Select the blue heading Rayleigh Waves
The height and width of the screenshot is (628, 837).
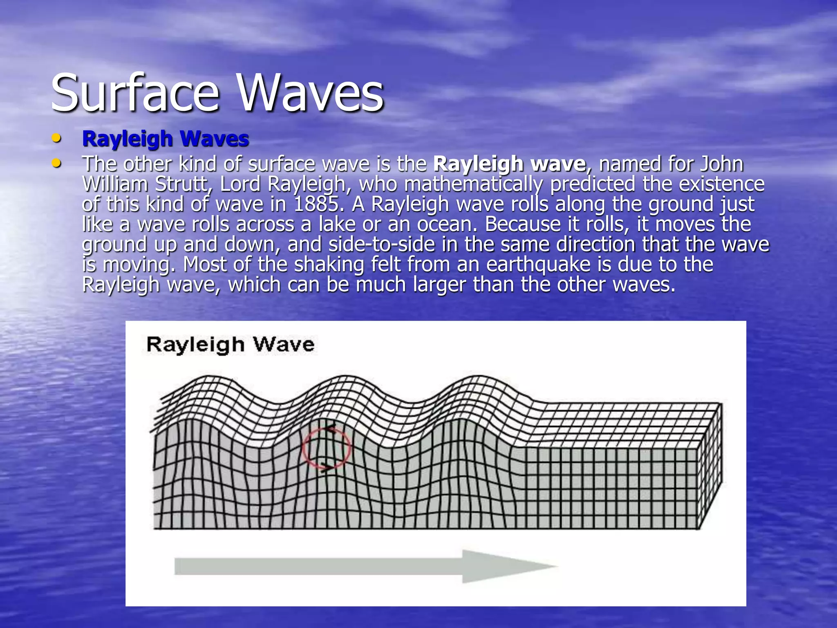click(x=166, y=139)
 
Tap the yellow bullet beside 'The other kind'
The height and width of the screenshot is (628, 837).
click(x=57, y=164)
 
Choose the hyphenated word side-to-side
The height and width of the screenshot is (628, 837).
click(x=382, y=244)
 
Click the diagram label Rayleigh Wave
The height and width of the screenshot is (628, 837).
click(x=231, y=344)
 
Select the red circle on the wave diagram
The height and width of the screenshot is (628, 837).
click(x=327, y=448)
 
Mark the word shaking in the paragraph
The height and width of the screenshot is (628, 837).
click(x=329, y=265)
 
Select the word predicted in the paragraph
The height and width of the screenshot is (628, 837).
click(x=593, y=184)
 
